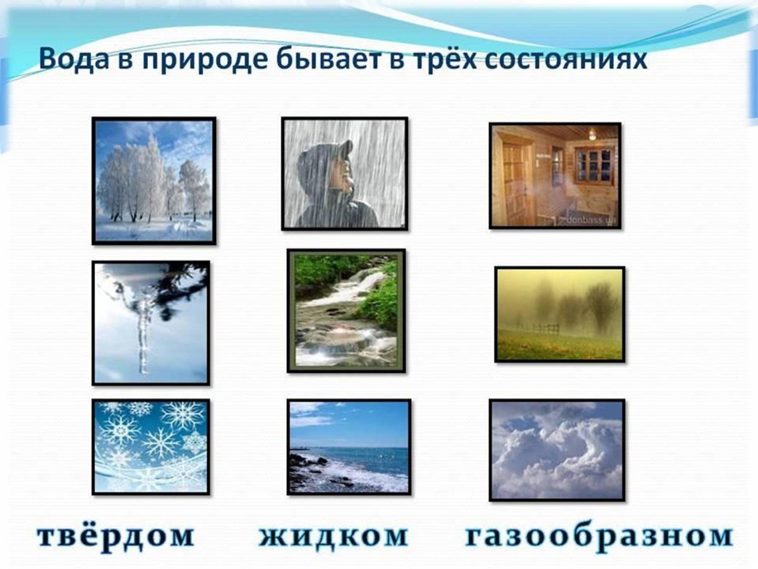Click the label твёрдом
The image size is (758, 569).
coord(116,535)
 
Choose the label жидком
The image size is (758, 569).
coord(334,535)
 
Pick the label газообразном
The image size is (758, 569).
coord(599,535)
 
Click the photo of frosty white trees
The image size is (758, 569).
coord(154,180)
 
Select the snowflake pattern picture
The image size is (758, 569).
coord(150,446)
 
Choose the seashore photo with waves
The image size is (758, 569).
coord(349,446)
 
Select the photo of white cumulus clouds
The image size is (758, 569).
coord(556,450)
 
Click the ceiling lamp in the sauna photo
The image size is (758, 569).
coord(592,135)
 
